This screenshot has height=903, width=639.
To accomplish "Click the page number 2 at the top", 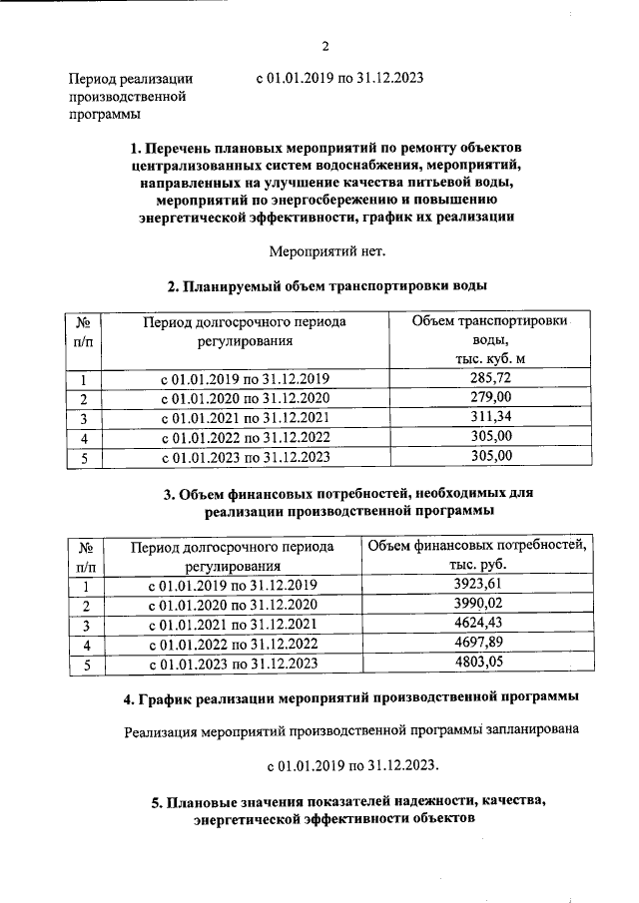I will [325, 45].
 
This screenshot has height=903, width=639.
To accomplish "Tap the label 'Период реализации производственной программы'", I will [129, 96].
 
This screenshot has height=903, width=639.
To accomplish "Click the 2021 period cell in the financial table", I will [233, 625].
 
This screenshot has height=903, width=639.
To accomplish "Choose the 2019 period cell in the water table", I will [245, 378].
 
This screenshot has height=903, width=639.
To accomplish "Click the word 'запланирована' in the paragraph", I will [527, 731].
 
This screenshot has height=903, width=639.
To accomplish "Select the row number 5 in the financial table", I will [86, 664].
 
